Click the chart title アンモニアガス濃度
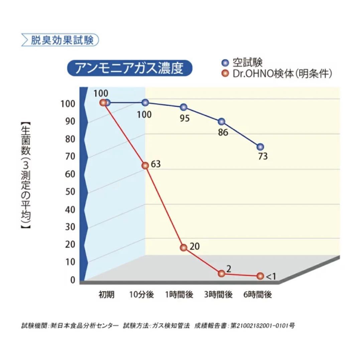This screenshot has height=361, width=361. [x=130, y=69]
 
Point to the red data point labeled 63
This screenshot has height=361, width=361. [x=145, y=165]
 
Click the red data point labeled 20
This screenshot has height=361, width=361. [x=183, y=248]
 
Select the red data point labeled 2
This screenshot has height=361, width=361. [x=221, y=273]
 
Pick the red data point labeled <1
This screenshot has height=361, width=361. [x=260, y=276]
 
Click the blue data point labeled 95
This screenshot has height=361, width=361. [x=184, y=107]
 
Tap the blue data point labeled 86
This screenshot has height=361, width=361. [x=221, y=122]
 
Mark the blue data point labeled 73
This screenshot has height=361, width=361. [x=260, y=147]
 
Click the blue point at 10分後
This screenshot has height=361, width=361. [x=145, y=102]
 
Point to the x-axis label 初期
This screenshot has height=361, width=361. [x=106, y=295]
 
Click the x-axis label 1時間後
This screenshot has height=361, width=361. [x=179, y=295]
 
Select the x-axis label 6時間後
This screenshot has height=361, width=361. [x=257, y=295]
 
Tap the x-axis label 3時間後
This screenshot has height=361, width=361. [x=219, y=295]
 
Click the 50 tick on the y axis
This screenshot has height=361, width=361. [x=70, y=192]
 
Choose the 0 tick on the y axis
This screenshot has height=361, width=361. [x=73, y=280]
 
